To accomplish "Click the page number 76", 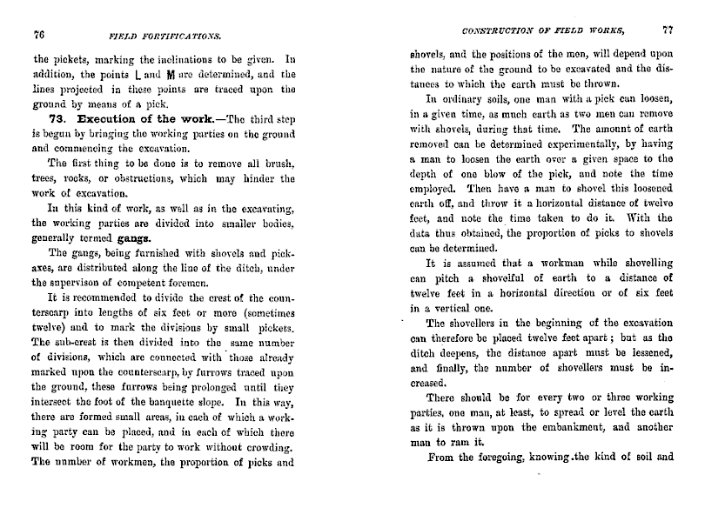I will click(x=38, y=35).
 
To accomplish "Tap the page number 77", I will click(x=667, y=29).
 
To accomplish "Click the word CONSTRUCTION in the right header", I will click(x=500, y=30).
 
